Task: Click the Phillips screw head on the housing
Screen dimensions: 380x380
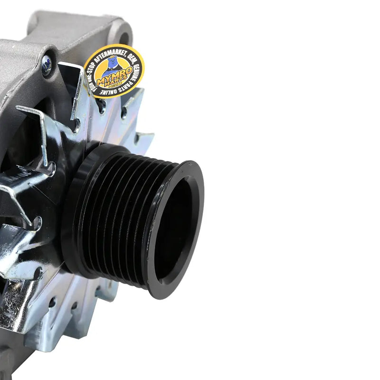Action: pyautogui.click(x=47, y=66)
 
